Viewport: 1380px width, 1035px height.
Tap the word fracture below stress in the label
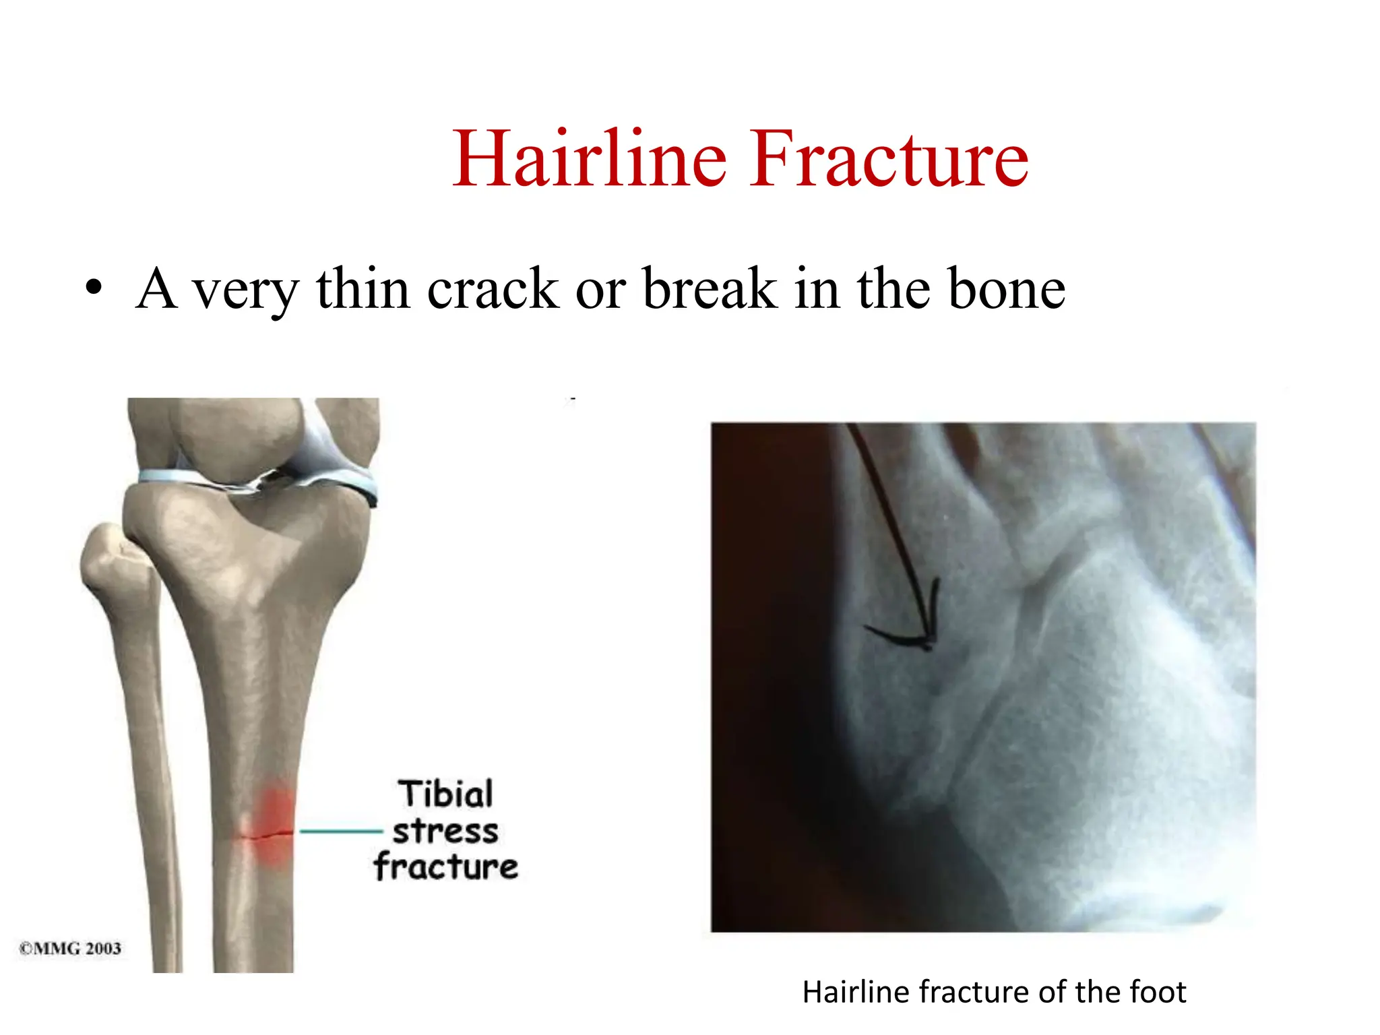[x=445, y=867]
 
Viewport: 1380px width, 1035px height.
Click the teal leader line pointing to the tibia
[x=340, y=832]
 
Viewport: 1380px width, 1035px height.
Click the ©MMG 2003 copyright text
[x=70, y=948]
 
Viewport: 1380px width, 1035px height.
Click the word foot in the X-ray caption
[x=1157, y=993]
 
